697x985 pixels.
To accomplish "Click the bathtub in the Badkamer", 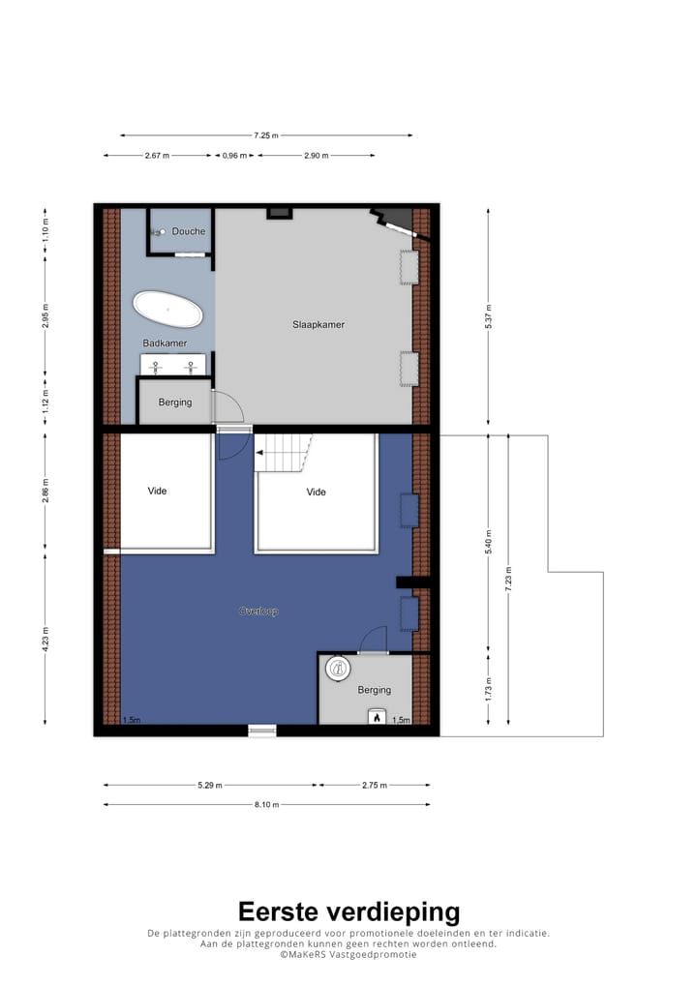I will point(168,310).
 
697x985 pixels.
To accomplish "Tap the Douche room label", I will point(189,231).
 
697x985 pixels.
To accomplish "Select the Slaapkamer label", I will point(318,324).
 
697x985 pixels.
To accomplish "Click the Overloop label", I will point(258,612).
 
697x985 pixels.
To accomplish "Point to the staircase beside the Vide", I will point(285,453).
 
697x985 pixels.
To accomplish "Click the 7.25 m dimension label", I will point(266,135).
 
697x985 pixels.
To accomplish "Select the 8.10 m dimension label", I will point(266,804).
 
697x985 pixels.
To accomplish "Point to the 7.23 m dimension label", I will point(507,579).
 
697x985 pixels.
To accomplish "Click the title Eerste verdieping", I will point(348,911).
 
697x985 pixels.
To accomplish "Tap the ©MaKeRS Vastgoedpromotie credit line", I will point(348,954).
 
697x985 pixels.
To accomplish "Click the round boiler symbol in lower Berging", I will point(337,668).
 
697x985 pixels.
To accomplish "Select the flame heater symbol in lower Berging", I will point(376,717).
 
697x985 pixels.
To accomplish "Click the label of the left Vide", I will point(157,491).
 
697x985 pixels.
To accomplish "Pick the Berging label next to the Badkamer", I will point(175,402).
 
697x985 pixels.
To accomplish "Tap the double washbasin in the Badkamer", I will point(174,366).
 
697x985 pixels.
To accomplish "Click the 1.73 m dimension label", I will point(488,689).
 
